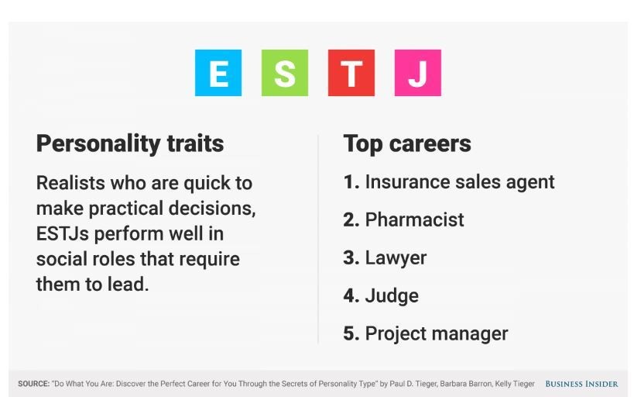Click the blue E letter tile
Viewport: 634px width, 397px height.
(218, 73)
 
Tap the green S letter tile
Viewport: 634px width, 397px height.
(285, 73)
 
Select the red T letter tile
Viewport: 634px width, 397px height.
(351, 73)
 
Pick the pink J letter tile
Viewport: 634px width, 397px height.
(418, 73)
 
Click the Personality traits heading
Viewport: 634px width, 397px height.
(130, 143)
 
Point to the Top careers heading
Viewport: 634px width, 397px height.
(407, 143)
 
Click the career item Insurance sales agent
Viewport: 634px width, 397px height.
(460, 182)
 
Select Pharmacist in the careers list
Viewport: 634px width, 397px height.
(414, 219)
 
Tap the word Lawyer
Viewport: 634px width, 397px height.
(396, 258)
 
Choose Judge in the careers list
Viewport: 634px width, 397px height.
(392, 295)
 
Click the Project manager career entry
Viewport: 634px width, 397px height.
(437, 333)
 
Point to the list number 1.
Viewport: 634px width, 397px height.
(351, 182)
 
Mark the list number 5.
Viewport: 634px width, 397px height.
(351, 333)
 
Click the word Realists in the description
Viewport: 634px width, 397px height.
(70, 183)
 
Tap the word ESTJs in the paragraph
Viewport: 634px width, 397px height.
(62, 233)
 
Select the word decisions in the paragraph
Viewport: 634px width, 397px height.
(212, 209)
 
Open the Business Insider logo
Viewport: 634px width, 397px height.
(581, 384)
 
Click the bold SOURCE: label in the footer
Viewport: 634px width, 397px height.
(33, 384)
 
